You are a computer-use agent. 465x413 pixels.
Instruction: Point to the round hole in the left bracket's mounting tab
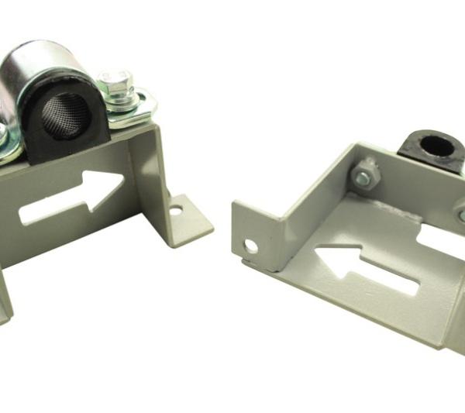pyautogui.click(x=177, y=209)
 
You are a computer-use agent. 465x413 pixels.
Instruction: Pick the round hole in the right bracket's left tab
pyautogui.click(x=250, y=246)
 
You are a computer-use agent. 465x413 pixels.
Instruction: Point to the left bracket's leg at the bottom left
pyautogui.click(x=5, y=294)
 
